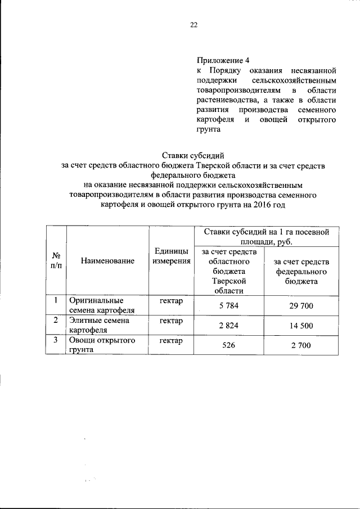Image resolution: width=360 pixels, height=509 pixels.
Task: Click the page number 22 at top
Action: coord(193,25)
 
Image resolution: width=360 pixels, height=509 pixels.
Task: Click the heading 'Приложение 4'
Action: coord(222,61)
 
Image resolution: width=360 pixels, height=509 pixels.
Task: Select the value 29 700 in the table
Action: coord(301,306)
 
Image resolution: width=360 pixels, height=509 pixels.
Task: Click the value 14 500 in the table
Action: coord(301,326)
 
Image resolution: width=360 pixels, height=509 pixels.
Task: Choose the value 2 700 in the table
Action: coord(301,345)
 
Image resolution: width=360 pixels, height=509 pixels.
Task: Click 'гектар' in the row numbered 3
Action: coord(171,341)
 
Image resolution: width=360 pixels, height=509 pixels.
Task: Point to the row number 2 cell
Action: coord(56,321)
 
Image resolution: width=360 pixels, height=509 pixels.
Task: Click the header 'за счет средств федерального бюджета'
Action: coord(301,272)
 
